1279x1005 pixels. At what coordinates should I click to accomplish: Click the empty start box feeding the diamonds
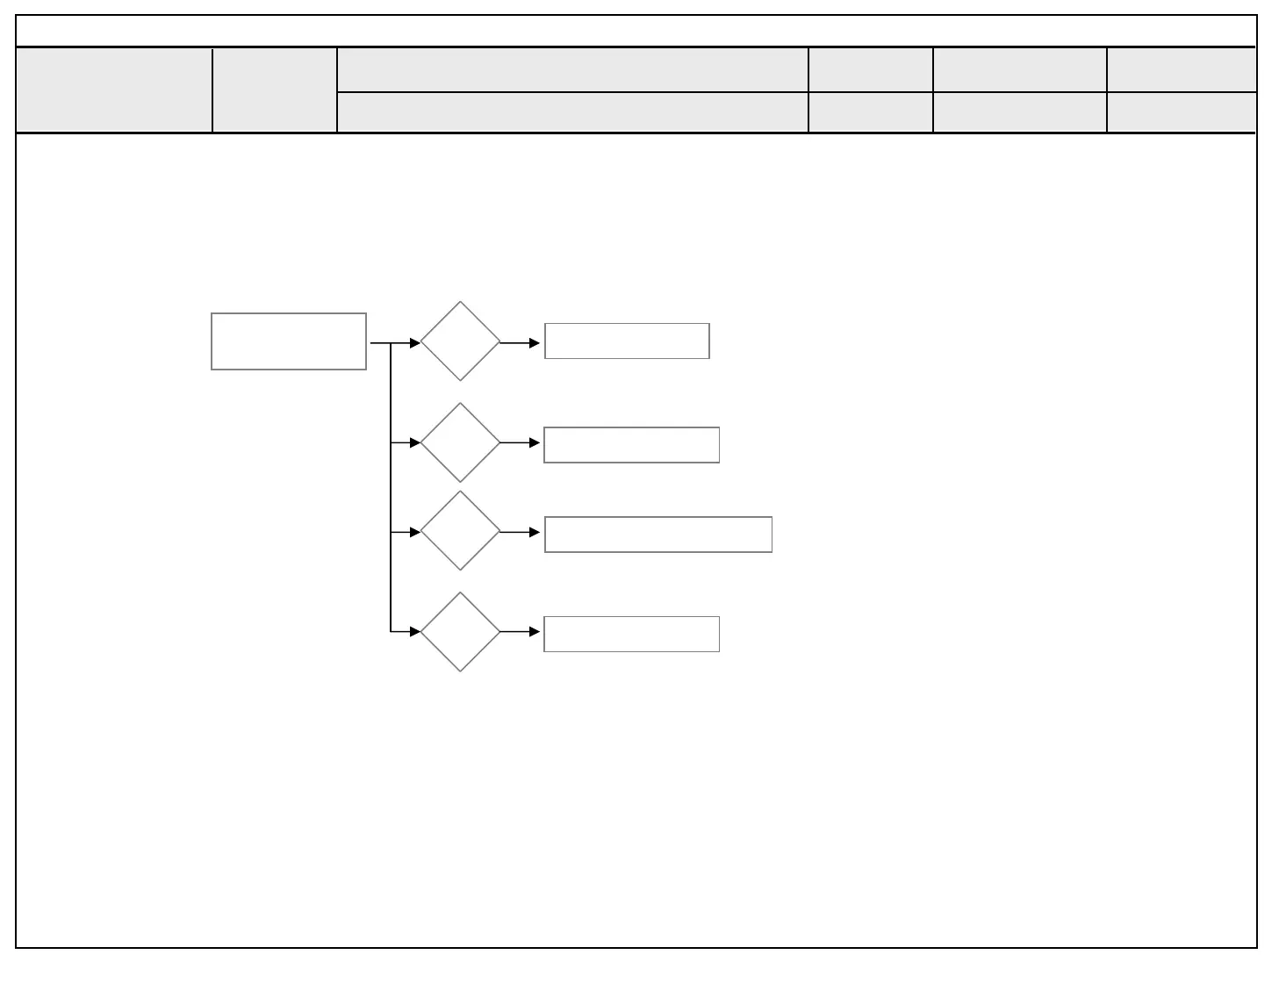click(289, 341)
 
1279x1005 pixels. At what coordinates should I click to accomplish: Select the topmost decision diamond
click(460, 341)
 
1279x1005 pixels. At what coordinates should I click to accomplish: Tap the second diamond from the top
click(460, 442)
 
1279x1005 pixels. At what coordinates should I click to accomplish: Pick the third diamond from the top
click(460, 531)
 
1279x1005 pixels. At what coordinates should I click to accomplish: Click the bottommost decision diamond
click(460, 632)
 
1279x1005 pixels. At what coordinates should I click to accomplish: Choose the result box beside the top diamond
click(627, 341)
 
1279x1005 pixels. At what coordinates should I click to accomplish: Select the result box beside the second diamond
click(631, 445)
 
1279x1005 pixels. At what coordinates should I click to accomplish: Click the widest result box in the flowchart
click(658, 535)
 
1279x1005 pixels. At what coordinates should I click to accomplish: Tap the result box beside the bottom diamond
click(631, 634)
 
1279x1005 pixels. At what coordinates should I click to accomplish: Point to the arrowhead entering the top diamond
click(415, 343)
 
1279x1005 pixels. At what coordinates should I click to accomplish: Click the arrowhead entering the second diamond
click(415, 443)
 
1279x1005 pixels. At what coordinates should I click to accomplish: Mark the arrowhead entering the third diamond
click(415, 533)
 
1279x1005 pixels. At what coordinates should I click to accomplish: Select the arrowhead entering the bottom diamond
click(415, 631)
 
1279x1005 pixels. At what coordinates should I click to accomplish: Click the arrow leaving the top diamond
click(520, 343)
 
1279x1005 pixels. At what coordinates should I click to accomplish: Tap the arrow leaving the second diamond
click(520, 443)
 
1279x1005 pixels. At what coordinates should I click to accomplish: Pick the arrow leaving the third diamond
click(520, 533)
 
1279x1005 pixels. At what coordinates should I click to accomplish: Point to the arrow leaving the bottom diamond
click(520, 632)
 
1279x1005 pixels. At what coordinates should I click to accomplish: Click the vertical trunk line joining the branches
click(391, 487)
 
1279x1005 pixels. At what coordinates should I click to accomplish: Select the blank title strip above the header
click(636, 31)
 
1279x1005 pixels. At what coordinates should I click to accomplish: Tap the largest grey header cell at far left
click(114, 90)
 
